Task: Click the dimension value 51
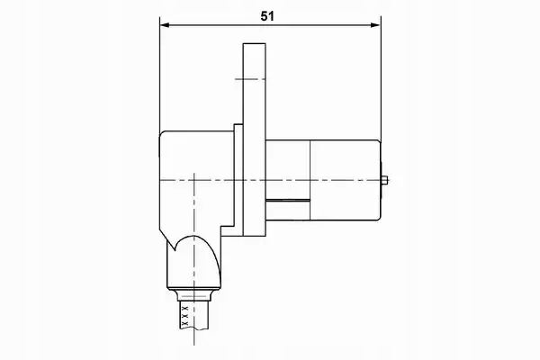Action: point(267,16)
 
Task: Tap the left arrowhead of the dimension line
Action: point(165,25)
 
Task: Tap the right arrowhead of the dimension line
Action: point(375,25)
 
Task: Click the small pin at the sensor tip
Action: point(385,180)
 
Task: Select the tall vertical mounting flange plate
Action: point(254,139)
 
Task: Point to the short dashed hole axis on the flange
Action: point(250,79)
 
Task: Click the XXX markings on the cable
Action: point(185,315)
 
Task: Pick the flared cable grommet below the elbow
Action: point(194,295)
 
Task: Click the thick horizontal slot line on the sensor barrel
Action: point(288,200)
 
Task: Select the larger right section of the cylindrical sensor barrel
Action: point(346,180)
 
